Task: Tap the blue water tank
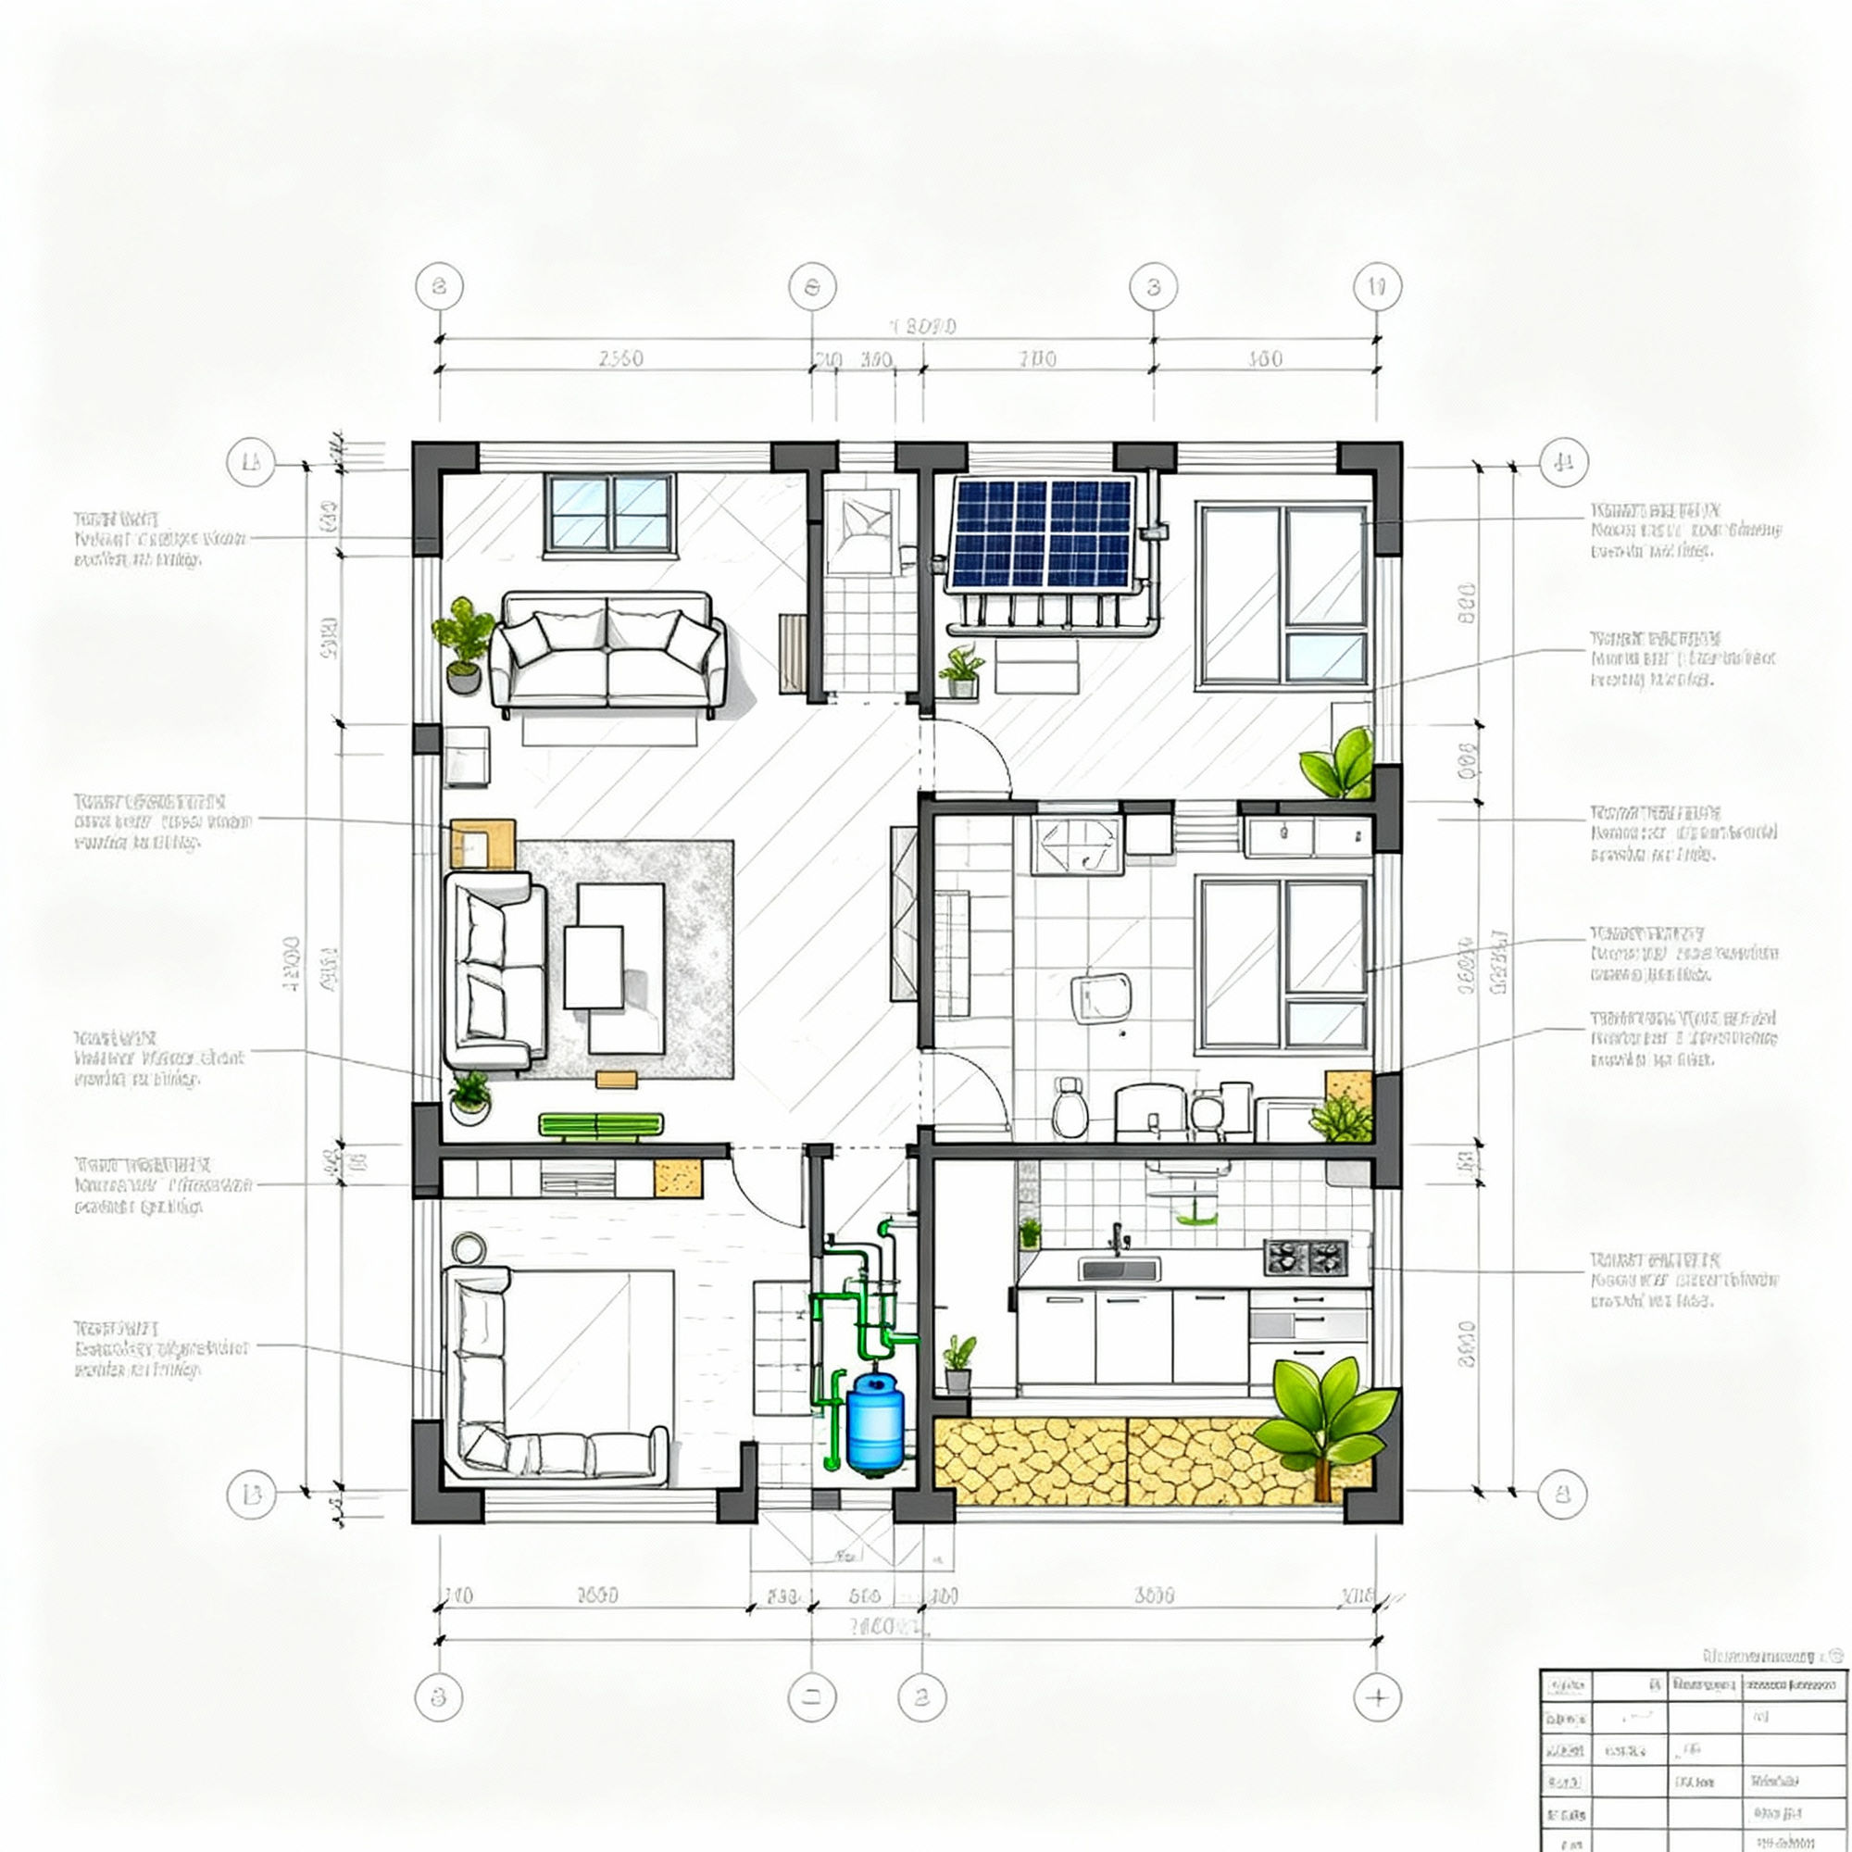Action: coord(874,1422)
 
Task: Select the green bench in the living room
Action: coord(600,1124)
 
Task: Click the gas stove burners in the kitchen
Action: coord(1306,1257)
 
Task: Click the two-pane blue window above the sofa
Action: coord(608,513)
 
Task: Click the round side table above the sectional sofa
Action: coord(469,1247)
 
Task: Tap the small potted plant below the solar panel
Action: coord(961,671)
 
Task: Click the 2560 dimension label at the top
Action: coord(621,358)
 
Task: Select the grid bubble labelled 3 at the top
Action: coord(1153,287)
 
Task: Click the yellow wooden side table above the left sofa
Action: coord(482,843)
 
